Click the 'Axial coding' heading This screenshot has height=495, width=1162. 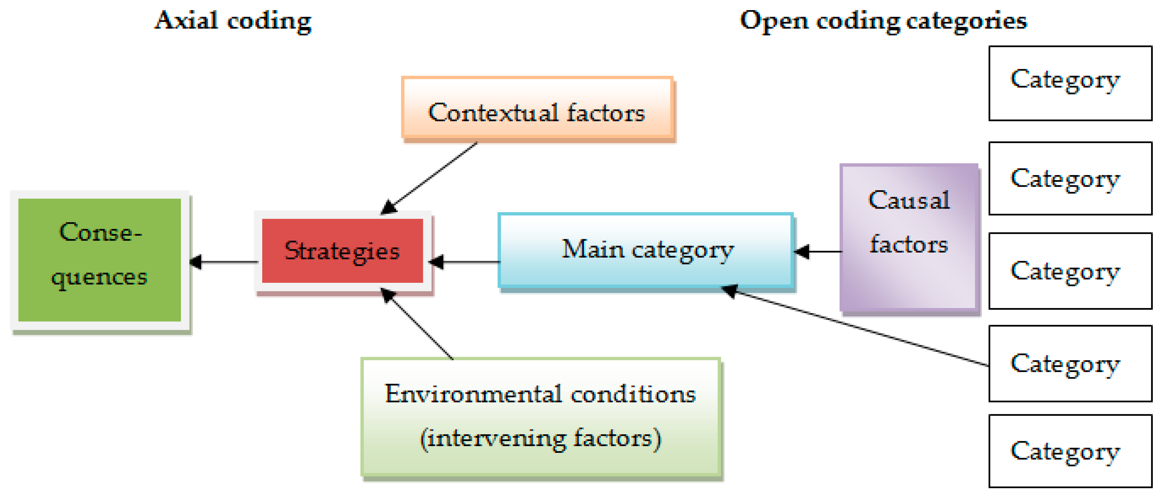pos(233,21)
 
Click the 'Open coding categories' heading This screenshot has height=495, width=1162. pos(883,21)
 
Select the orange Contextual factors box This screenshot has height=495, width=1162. pos(537,108)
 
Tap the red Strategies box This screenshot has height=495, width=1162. pos(342,251)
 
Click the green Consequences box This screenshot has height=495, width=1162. pos(99,260)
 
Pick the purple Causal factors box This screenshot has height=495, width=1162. pos(908,238)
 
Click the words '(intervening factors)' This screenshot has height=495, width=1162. pos(540,438)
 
